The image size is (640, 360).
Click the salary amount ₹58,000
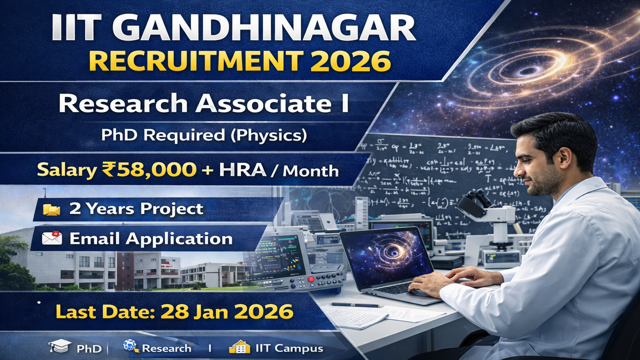149,170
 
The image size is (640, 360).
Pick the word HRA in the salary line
242,170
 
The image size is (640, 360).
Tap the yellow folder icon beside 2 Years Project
51,209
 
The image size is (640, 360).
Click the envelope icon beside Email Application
52,238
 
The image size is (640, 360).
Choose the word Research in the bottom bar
166,348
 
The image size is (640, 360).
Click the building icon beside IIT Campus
239,347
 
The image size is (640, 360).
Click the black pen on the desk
355,304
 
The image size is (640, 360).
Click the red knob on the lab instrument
311,278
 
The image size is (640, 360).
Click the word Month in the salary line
310,171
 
